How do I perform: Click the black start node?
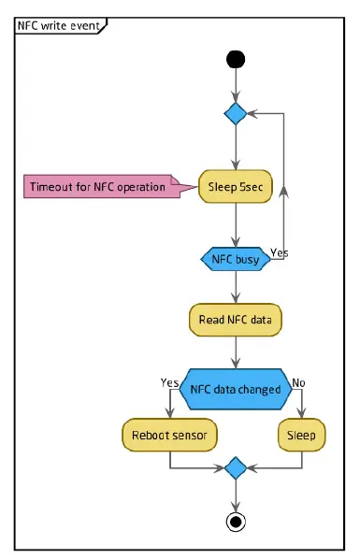coord(235,60)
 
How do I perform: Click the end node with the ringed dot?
coord(235,521)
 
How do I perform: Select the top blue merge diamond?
coord(235,114)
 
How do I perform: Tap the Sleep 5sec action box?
coord(236,187)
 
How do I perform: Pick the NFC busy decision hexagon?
coord(235,259)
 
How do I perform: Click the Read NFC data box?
coord(235,320)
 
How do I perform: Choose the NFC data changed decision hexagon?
coord(235,389)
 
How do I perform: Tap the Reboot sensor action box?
coord(169,435)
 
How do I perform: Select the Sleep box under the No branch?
coord(301,435)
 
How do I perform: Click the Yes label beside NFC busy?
coord(279,252)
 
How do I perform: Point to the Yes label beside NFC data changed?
coord(169,382)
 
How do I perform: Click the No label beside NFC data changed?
coord(299,382)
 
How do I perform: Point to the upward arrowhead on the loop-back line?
coord(284,191)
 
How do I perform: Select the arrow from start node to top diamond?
coord(235,86)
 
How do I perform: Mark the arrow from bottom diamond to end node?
coord(235,493)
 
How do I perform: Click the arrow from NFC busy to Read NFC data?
coord(235,287)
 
